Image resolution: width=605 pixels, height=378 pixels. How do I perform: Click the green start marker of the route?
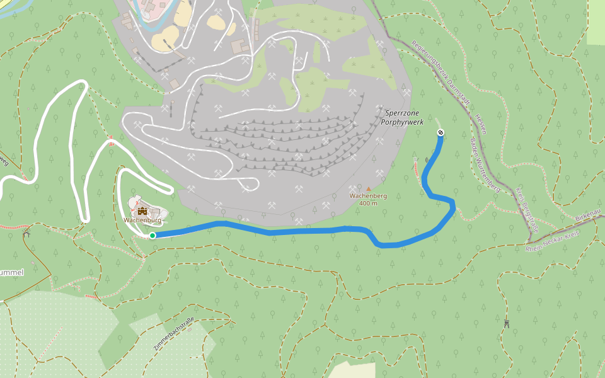click(x=153, y=236)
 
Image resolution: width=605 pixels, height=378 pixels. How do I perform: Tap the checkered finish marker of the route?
click(x=440, y=132)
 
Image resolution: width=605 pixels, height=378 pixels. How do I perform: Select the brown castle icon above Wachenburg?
click(x=142, y=210)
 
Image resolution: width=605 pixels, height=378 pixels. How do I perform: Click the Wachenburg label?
click(x=142, y=220)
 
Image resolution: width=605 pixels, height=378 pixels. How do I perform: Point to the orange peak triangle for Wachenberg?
click(x=369, y=188)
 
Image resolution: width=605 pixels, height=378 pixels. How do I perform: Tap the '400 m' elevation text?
click(x=368, y=203)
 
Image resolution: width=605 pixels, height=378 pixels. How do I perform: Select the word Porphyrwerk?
click(x=402, y=122)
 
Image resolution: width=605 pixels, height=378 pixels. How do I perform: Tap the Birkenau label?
click(x=589, y=216)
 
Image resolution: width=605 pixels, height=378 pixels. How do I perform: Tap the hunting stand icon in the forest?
click(x=506, y=324)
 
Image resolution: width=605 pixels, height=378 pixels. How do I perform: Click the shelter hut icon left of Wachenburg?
click(x=26, y=233)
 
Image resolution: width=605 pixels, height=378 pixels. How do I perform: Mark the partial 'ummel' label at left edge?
click(x=11, y=273)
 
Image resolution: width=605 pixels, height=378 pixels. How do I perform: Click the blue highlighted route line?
click(x=302, y=230)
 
